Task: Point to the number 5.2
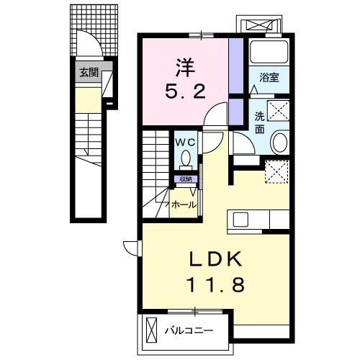click(x=184, y=91)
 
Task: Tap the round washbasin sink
click(x=280, y=143)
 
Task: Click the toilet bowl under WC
click(x=186, y=158)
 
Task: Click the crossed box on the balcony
click(x=150, y=330)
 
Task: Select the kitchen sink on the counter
click(x=240, y=219)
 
